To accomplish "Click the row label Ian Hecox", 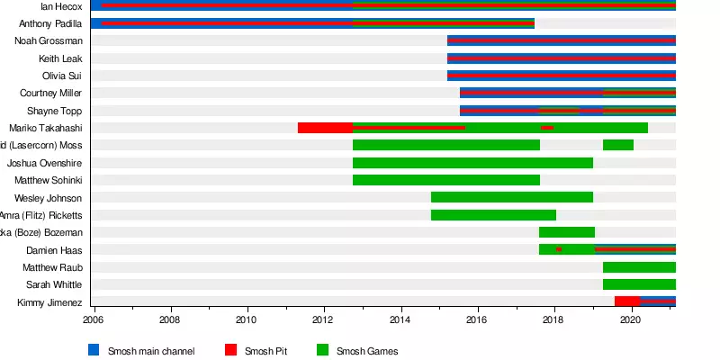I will click(63, 6).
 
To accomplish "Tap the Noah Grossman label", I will click(49, 40).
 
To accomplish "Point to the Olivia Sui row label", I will click(62, 76).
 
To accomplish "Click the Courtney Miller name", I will click(51, 94).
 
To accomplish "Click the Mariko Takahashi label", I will click(46, 128).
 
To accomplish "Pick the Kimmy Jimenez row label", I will click(49, 303).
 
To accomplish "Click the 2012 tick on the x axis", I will click(323, 319).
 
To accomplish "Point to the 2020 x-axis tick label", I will click(631, 319).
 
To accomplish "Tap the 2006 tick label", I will click(94, 319).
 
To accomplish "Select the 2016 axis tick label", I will click(477, 319).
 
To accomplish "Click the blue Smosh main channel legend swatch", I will click(94, 350).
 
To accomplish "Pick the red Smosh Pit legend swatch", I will click(230, 350).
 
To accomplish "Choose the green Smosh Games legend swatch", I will click(322, 350).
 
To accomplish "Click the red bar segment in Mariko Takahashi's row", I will click(325, 128).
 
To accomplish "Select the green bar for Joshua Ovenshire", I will click(472, 163).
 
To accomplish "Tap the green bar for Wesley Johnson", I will click(511, 198).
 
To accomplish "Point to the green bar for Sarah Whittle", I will click(639, 285).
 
